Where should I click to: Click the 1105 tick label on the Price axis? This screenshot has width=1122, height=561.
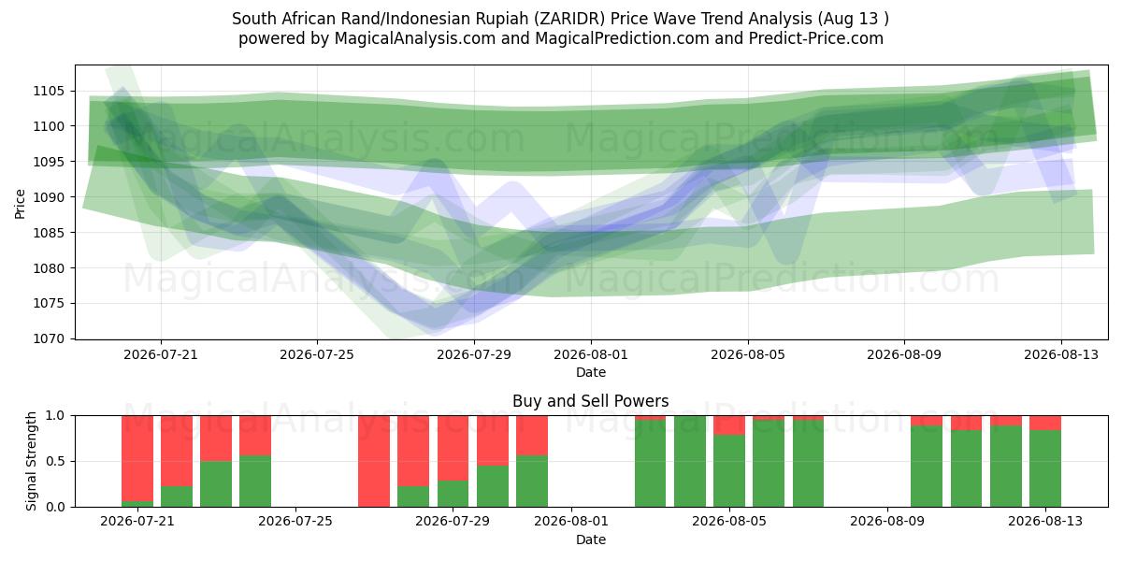tap(49, 92)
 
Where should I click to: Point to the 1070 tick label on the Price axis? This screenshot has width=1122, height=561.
tap(49, 339)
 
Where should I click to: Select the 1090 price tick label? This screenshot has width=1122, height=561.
tap(49, 197)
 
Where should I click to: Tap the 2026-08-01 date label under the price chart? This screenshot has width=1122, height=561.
tap(591, 354)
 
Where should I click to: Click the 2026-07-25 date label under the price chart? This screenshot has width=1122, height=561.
tap(317, 354)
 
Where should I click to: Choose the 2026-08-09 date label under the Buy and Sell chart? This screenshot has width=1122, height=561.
tap(887, 521)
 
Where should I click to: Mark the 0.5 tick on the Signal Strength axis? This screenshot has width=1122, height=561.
tap(55, 461)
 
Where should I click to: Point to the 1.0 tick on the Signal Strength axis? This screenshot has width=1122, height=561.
tap(55, 416)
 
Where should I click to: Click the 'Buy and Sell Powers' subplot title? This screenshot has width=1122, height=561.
tap(591, 401)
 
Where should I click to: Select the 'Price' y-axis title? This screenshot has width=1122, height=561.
tap(20, 204)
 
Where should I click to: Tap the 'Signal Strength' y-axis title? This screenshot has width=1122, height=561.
tap(31, 461)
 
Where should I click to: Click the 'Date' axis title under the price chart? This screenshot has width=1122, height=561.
tap(591, 372)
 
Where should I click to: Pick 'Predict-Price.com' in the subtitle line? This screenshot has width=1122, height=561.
tap(816, 38)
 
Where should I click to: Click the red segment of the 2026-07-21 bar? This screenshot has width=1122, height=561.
tap(137, 458)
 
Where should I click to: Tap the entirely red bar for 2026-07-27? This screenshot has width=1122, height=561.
tap(374, 461)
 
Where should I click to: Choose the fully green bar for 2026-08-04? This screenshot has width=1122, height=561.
tap(690, 461)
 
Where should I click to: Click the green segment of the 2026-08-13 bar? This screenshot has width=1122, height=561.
tap(1045, 468)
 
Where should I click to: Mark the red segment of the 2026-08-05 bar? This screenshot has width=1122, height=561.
tap(729, 425)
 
